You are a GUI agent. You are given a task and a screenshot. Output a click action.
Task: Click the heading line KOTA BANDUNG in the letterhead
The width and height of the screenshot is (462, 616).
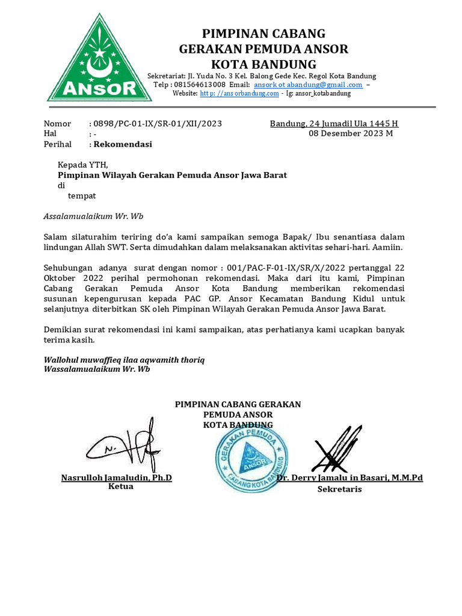[x=263, y=64]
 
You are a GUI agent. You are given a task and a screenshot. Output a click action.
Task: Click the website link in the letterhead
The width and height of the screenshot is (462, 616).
[x=239, y=93]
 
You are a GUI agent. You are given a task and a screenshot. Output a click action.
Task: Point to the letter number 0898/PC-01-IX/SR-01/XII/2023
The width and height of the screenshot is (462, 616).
[x=158, y=124]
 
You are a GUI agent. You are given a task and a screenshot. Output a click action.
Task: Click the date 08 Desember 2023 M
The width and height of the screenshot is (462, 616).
[x=351, y=134]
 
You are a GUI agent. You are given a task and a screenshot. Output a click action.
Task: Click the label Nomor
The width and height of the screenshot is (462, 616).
[x=58, y=124]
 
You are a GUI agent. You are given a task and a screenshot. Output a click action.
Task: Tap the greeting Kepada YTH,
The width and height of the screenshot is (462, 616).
[x=83, y=165]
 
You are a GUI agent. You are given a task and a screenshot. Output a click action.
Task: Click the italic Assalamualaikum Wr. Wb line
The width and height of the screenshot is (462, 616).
[x=93, y=216]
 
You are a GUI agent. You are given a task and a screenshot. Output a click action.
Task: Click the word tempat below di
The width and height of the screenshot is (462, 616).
[x=81, y=196]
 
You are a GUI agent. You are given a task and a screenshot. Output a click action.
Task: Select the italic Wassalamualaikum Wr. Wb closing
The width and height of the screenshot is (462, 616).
[x=97, y=369]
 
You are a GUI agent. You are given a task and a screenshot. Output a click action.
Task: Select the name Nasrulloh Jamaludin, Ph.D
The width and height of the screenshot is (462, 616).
[x=117, y=478]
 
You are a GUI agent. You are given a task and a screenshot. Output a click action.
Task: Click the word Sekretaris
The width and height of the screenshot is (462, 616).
[x=339, y=489]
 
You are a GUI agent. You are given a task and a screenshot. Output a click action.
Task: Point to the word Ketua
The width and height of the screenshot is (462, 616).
[x=120, y=487]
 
